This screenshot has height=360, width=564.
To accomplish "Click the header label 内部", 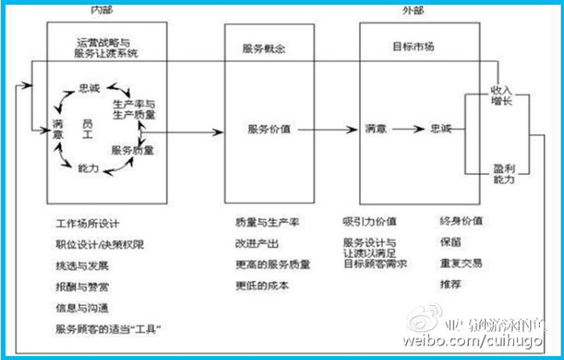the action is tap(101, 10).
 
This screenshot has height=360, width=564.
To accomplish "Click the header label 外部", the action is tap(413, 10).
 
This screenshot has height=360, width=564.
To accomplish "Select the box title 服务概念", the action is tap(259, 48).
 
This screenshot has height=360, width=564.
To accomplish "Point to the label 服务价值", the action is tap(268, 128).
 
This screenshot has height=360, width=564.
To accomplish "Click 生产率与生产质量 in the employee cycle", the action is tap(135, 110).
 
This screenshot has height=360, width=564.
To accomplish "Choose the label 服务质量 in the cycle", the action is tap(133, 151).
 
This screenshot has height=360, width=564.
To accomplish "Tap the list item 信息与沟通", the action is tap(81, 307).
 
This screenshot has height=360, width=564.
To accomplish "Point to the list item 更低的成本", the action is tap(262, 285).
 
